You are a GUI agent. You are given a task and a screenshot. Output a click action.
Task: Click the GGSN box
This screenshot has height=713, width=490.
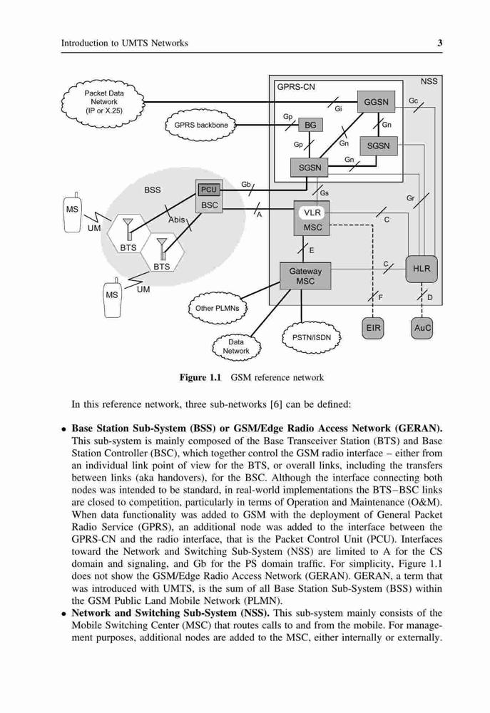pos(377,102)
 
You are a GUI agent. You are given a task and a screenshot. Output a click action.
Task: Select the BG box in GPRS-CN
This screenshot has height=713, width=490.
pos(310,125)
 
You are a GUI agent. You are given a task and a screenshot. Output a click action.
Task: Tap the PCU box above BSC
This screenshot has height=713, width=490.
pos(209,190)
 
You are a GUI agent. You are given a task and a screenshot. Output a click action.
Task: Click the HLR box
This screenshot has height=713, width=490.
pos(422,269)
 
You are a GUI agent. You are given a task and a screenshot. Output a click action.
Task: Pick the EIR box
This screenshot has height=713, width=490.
pos(373,328)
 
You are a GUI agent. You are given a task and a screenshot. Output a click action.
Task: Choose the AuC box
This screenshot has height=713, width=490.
pos(422,328)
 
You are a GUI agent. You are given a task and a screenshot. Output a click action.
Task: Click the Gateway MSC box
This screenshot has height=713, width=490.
pos(305,276)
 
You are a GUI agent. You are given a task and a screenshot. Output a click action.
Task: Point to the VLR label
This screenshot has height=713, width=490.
pos(312,212)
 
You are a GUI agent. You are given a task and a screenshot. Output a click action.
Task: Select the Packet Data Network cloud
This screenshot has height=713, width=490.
pos(103,102)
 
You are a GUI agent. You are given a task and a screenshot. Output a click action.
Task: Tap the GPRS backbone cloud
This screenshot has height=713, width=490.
pos(200,125)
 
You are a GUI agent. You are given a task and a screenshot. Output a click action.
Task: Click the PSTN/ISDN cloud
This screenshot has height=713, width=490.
pos(312,338)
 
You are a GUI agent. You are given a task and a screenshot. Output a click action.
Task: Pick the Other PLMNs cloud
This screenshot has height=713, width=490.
pos(218,308)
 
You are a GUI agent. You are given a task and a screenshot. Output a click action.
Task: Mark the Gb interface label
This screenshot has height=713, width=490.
pos(245,184)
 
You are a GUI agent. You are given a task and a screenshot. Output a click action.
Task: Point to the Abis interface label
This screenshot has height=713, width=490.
pos(176,220)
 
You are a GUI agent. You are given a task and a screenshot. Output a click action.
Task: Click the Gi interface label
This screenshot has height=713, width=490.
pos(338,109)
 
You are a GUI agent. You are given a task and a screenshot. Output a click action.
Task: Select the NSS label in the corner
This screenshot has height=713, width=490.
pos(429,81)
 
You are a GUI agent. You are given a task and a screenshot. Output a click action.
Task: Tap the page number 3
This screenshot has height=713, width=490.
pos(440,43)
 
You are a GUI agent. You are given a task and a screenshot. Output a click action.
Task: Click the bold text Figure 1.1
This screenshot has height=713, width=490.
pos(200,377)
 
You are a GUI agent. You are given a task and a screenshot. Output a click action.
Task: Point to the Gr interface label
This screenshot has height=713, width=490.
pos(410,198)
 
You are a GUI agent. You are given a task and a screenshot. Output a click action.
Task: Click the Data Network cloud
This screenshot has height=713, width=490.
pos(236,347)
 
